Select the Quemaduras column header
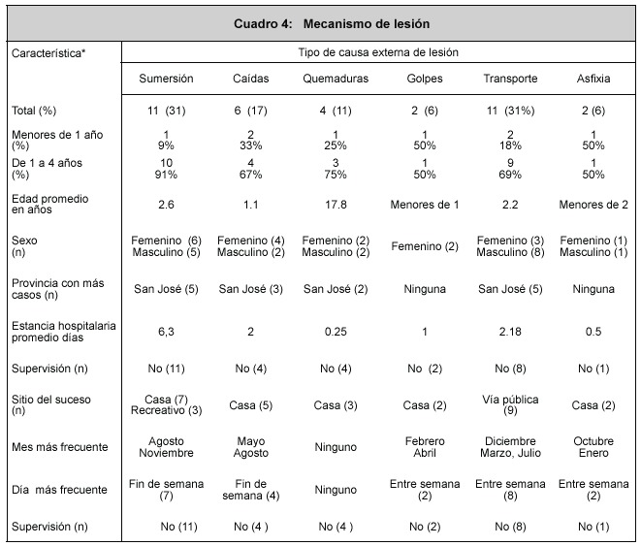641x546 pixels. point(336,79)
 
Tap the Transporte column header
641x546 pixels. point(510,79)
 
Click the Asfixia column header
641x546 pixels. point(593,79)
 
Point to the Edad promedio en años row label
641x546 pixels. point(49,205)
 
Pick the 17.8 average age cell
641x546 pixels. point(336,205)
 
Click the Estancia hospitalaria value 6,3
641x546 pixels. point(166,332)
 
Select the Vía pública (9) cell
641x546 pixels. point(510,405)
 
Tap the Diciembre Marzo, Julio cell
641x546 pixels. point(510,447)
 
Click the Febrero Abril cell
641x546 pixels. point(425,447)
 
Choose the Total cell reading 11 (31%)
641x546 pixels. point(510,111)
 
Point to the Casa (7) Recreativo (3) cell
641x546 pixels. point(166,405)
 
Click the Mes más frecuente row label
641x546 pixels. point(60,447)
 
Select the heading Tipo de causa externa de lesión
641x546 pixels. point(378,52)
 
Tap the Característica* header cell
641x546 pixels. point(48,53)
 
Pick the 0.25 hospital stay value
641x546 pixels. point(336,332)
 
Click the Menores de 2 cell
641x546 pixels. point(593,205)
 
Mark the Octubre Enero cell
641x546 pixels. point(593,447)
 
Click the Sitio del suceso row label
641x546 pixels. point(51,405)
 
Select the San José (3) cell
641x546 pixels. point(250,289)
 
